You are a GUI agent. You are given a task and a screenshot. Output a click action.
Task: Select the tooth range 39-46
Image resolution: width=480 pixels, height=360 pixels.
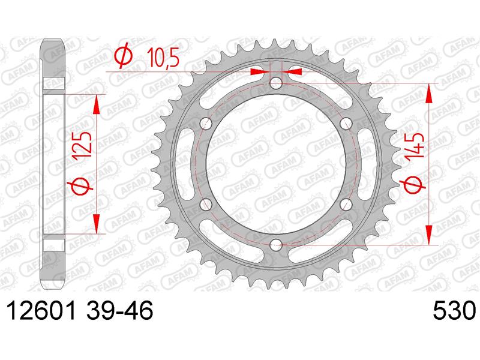tap(119, 311)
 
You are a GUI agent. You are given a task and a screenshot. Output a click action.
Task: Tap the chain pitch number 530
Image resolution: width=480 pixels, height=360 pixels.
tap(454, 311)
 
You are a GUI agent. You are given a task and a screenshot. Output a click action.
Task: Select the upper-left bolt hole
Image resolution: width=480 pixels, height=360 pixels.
tap(207, 123)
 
